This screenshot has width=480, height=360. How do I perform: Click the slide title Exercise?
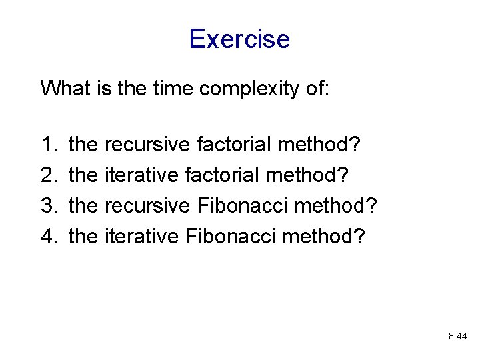pos(239,39)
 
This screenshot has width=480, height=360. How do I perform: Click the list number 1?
pos(49,143)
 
